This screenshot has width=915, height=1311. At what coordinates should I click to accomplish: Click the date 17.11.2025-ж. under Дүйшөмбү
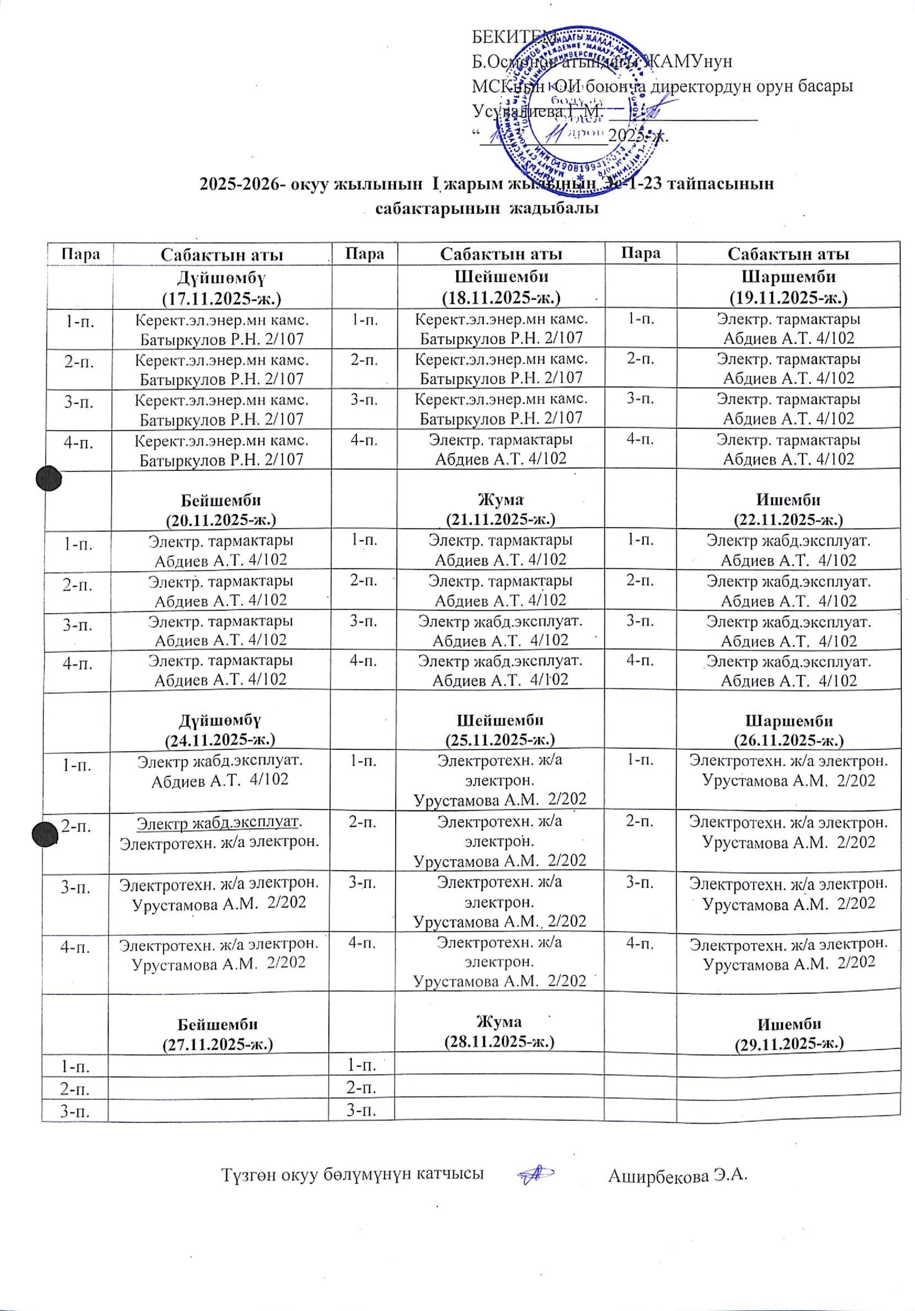click(221, 298)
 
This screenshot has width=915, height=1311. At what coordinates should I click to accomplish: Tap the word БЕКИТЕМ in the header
click(506, 36)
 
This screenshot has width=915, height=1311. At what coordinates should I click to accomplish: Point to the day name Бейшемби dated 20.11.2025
click(221, 500)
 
